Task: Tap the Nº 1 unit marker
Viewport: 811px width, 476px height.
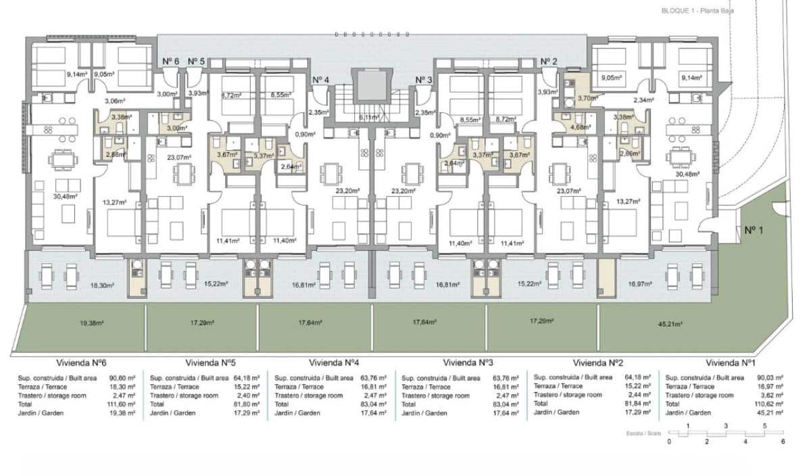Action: (x=754, y=230)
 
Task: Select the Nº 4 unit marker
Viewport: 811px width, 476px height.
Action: (x=321, y=80)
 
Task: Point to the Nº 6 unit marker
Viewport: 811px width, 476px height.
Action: (x=171, y=62)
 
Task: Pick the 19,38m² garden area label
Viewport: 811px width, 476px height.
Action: (x=91, y=323)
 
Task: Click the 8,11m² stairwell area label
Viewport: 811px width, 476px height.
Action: (x=369, y=117)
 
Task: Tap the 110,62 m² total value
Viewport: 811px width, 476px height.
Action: (x=770, y=403)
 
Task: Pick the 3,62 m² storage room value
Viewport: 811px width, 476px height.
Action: (x=772, y=394)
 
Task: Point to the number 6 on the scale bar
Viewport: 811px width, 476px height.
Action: (x=783, y=442)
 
